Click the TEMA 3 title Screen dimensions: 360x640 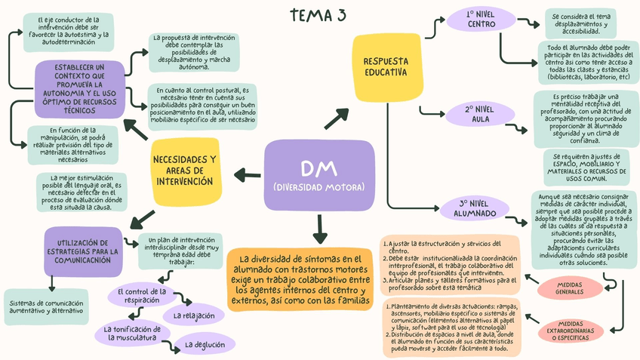pos(319,16)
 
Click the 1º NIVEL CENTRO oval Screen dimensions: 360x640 pos(481,19)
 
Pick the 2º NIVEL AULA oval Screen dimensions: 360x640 pos(480,115)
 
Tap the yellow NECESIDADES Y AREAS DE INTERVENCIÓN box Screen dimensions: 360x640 pos(184,171)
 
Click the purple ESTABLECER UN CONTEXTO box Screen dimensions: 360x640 pos(79,89)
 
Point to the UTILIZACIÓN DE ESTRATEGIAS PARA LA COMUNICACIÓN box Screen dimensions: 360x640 pos(83,251)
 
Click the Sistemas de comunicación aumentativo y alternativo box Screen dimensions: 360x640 pos(47,306)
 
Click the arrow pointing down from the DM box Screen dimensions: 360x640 pos(319,227)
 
